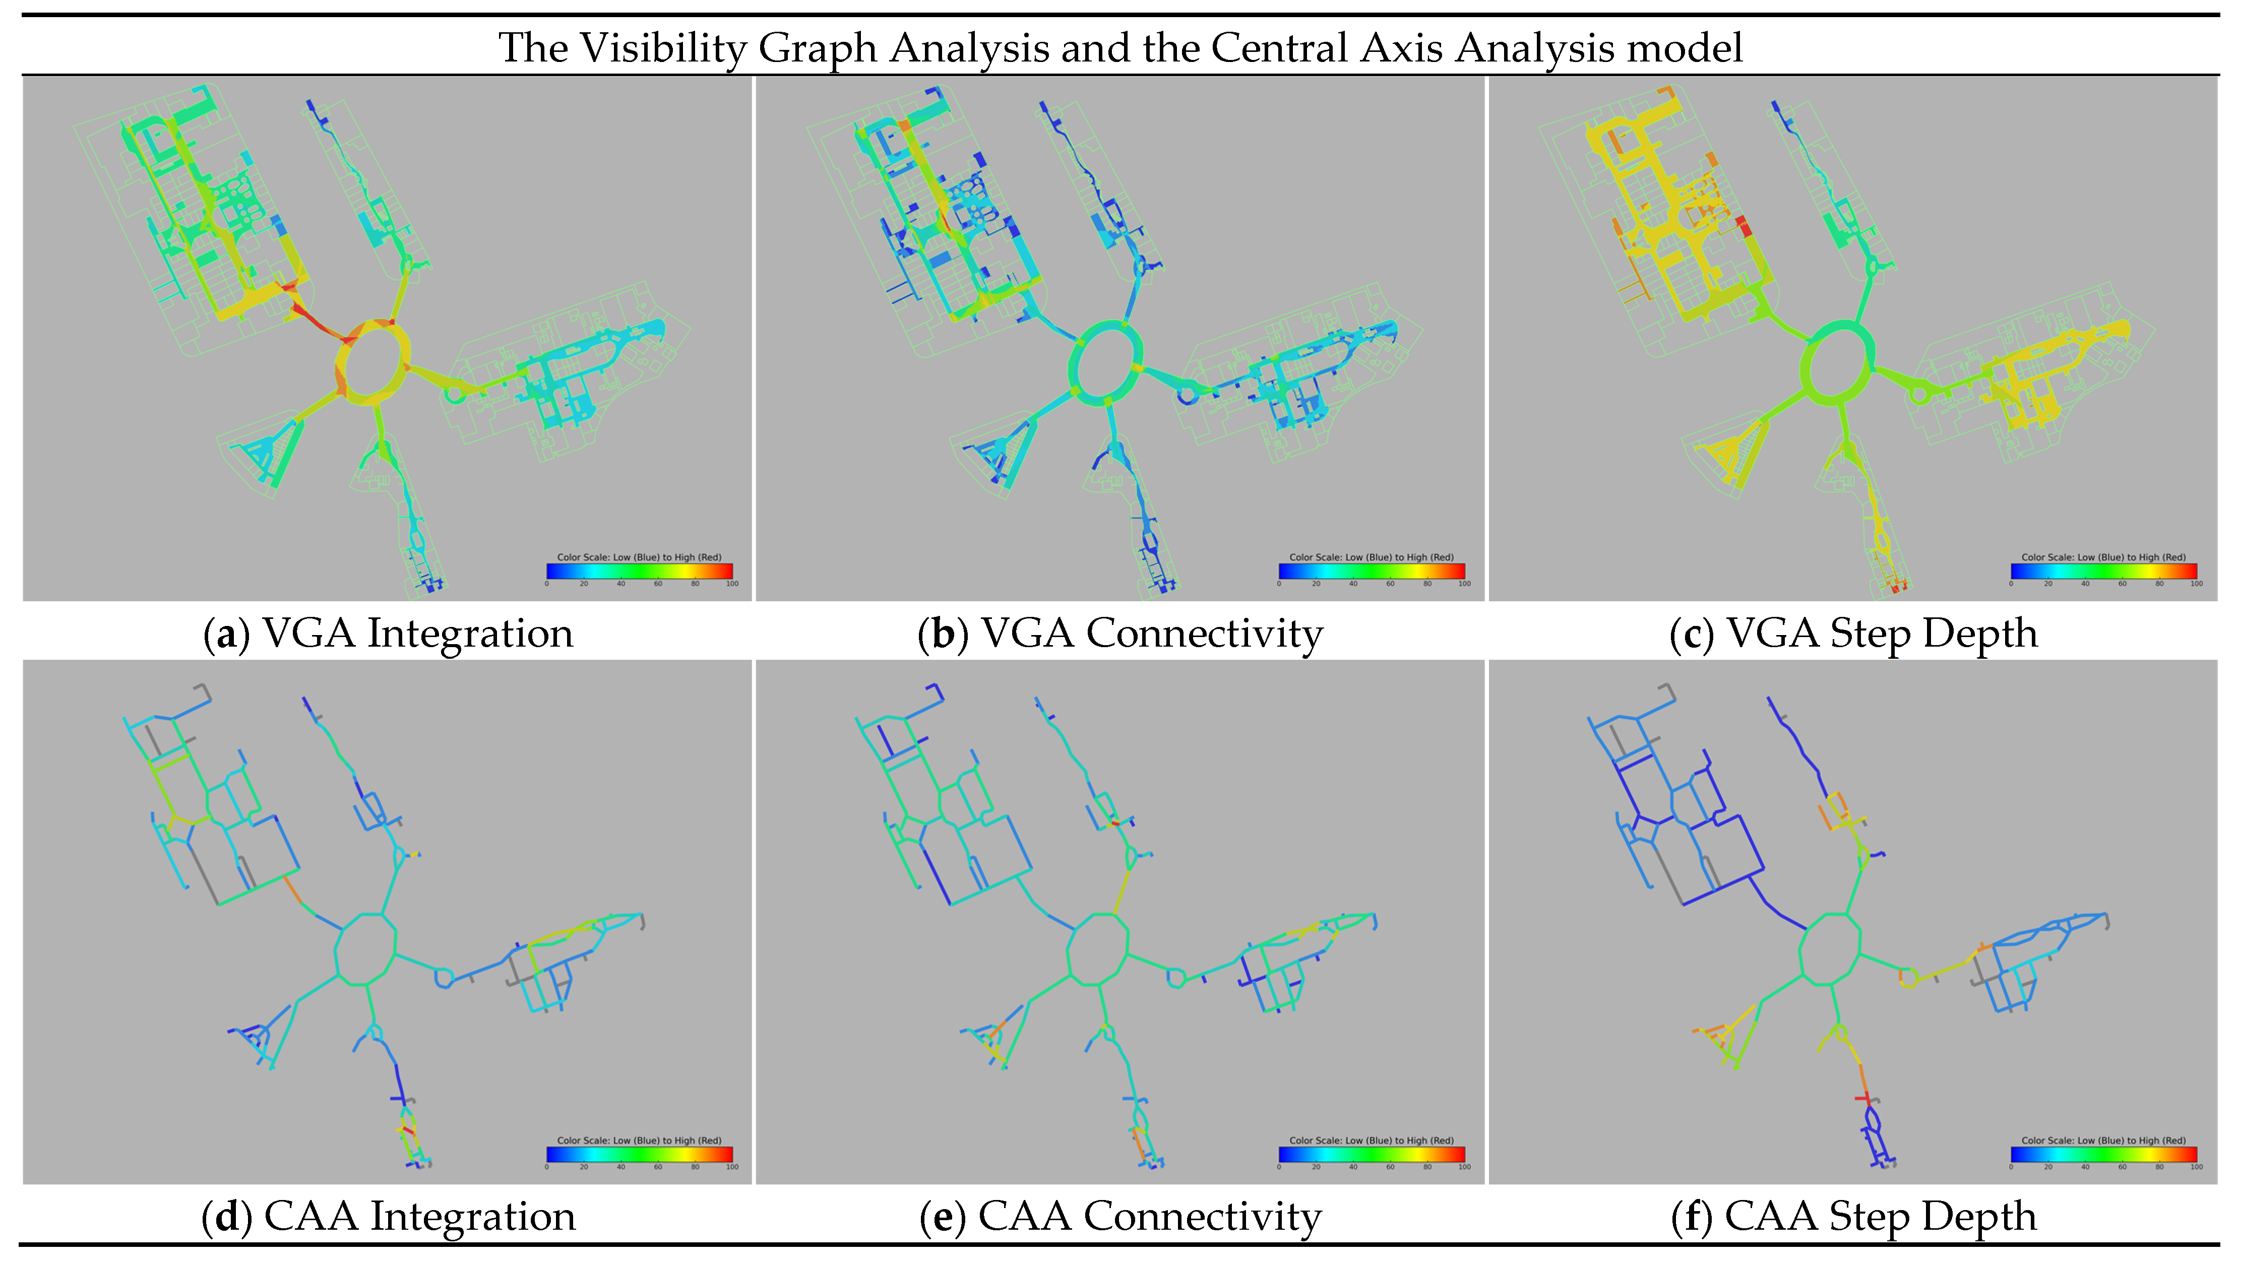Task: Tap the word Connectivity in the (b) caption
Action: pos(1204,633)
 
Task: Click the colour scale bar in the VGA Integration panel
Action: pos(640,571)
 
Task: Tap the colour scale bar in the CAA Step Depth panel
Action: pos(2103,1154)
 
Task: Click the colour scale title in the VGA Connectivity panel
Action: pos(1371,557)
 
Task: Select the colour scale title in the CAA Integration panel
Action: pos(640,1140)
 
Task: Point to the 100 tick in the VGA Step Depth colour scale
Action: pos(2197,584)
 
